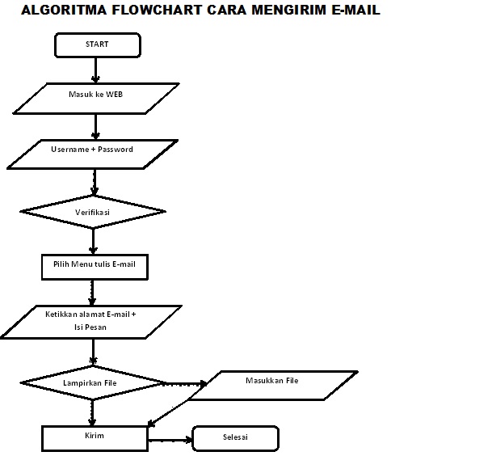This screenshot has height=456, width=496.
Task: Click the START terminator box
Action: point(96,45)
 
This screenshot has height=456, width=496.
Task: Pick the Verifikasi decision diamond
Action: point(93,213)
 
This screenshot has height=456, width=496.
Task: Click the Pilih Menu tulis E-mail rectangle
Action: point(95,266)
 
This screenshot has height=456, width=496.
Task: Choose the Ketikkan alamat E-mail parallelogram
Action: point(91,321)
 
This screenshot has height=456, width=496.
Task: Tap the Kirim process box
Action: point(95,437)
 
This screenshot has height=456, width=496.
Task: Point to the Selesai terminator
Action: point(235,438)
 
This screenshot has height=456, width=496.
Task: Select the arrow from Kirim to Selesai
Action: point(170,439)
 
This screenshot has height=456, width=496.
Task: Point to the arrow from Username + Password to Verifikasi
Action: point(95,182)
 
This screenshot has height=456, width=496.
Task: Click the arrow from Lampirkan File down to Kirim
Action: point(94,411)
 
